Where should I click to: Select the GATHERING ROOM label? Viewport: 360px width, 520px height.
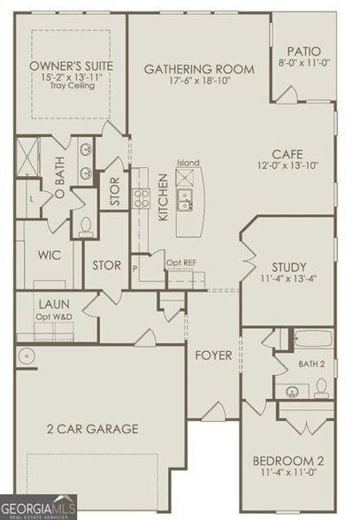(199, 69)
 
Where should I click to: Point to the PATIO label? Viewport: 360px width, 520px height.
(303, 52)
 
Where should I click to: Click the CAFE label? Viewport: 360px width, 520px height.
(288, 153)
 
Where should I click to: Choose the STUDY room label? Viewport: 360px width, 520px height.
(288, 267)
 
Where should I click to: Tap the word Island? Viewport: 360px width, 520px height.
(188, 163)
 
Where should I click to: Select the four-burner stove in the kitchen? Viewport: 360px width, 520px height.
(142, 196)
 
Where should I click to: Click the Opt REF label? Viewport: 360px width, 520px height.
(181, 262)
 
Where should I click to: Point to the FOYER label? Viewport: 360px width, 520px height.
(213, 355)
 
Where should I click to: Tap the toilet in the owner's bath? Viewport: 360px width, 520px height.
(86, 226)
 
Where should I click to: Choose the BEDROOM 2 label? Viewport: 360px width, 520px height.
(288, 460)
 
